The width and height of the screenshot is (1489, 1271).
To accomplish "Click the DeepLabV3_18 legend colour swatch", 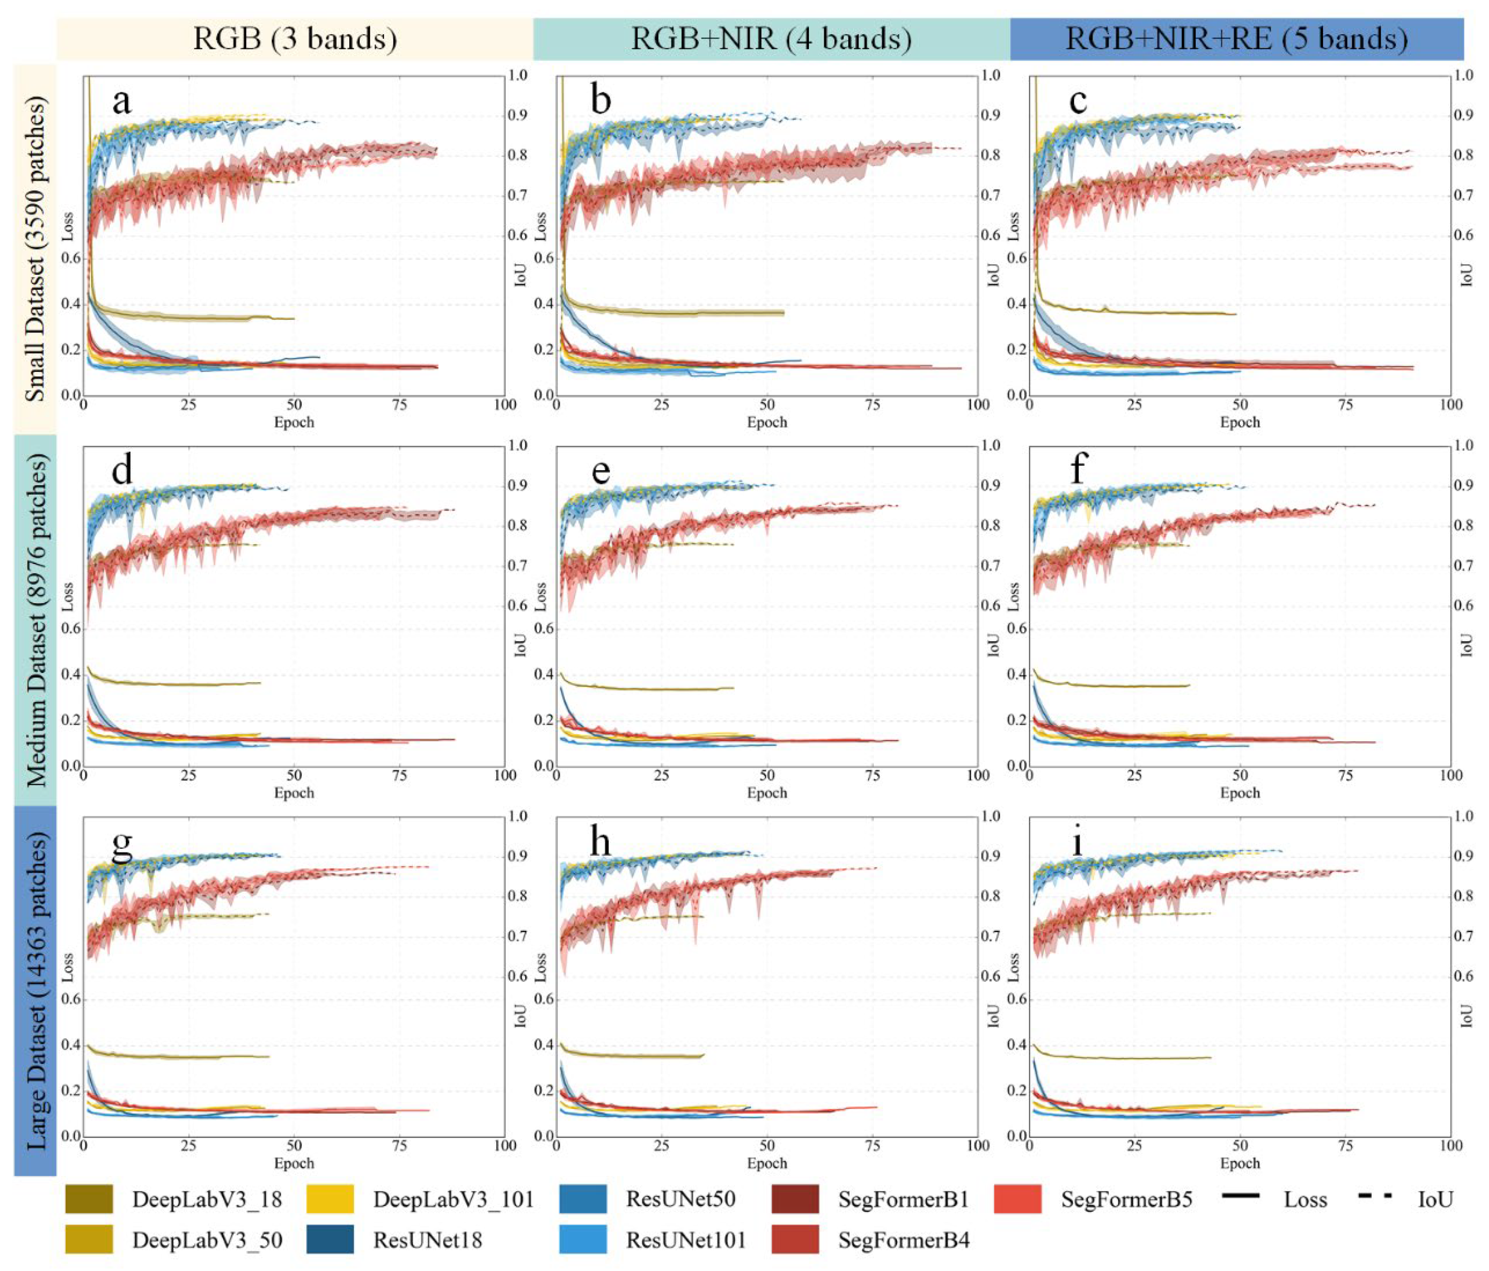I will (x=89, y=1199).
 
